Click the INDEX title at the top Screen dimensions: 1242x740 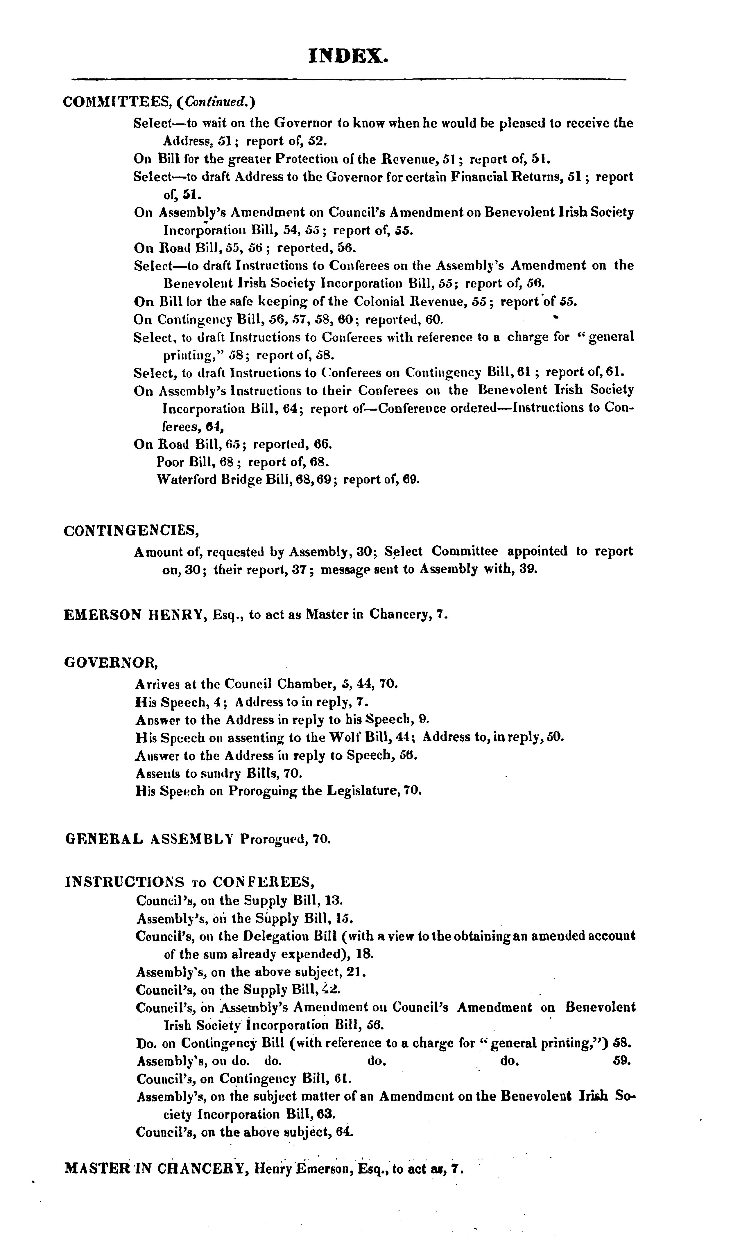coord(348,56)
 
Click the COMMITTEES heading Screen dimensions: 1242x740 coord(118,102)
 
